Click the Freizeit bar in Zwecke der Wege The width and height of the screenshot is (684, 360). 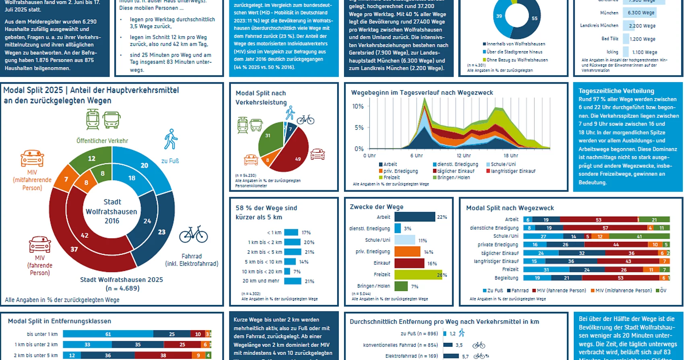[x=418, y=275]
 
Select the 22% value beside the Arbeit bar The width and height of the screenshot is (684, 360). [x=442, y=217]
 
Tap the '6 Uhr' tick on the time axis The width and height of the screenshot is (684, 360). [x=416, y=156]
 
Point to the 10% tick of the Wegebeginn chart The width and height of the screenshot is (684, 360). [x=358, y=107]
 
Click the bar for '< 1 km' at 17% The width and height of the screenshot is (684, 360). [x=291, y=232]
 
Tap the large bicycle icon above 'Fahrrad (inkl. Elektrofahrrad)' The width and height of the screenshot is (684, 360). [x=194, y=234]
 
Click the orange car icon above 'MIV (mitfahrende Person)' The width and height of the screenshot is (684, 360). [x=32, y=158]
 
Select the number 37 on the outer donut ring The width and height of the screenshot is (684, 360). [x=74, y=249]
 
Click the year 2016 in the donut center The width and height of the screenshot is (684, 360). [x=112, y=221]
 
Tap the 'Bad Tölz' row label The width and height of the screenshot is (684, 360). [x=610, y=39]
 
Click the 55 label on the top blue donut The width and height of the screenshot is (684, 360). [x=534, y=19]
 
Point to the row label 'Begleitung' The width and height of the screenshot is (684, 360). [x=506, y=278]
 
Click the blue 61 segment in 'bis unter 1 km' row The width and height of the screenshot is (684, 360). [x=108, y=334]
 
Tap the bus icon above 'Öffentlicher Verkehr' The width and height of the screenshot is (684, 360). [x=111, y=119]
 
